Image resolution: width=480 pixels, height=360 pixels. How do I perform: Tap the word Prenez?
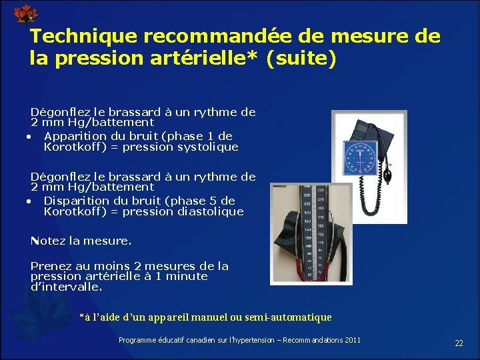pos(51,266)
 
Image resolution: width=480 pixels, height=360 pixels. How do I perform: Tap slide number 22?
pos(459,343)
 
